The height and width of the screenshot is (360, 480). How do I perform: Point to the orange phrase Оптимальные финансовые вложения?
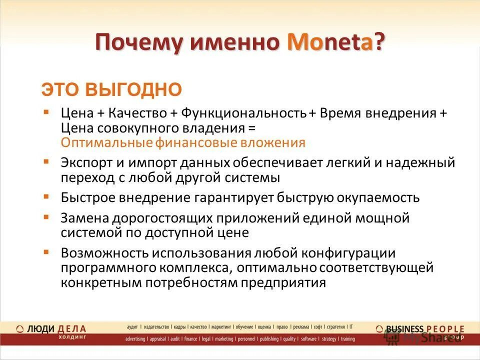(183, 142)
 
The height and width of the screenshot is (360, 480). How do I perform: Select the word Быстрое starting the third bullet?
(88, 197)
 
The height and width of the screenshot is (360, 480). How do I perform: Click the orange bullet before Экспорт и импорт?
(46, 161)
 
